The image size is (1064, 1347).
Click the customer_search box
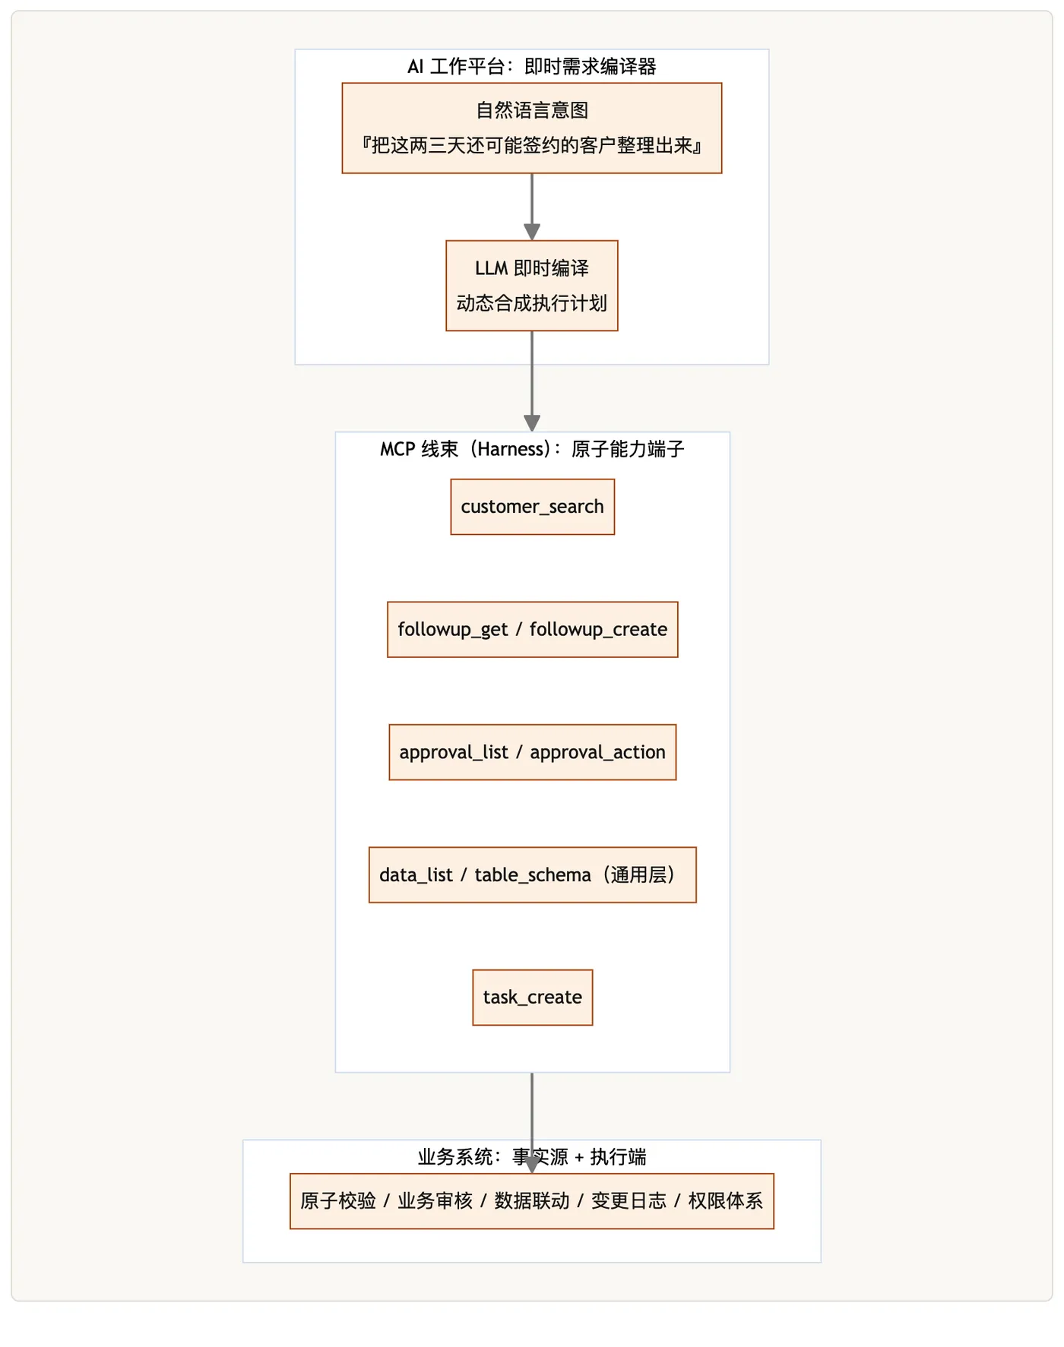532,507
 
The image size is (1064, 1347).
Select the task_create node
532,998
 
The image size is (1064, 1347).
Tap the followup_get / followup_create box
532,630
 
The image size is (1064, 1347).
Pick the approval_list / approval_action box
532,752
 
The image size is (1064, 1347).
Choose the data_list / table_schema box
532,875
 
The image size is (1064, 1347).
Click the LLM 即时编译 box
532,286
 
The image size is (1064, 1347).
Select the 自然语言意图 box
532,128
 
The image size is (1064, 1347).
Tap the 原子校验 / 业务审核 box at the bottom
532,1201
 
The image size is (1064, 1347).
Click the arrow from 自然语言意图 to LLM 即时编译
532,207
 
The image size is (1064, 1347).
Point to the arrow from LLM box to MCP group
532,381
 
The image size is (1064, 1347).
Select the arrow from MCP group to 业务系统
532,1123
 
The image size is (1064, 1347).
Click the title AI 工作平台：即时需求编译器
532,67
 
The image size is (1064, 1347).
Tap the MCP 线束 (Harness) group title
532,450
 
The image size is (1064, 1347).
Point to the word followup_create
598,630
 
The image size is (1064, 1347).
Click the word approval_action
597,753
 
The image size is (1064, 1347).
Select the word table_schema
533,875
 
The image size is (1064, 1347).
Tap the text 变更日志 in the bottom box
629,1201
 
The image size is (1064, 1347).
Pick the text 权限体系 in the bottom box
725,1201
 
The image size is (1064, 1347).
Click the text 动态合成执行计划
532,303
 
